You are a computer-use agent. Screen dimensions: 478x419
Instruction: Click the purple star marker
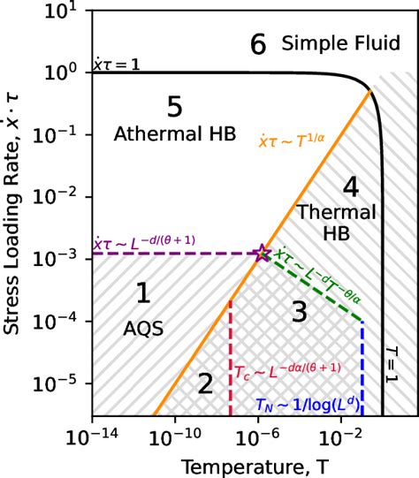[x=263, y=254]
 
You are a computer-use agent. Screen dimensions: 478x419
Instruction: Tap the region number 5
[x=174, y=108]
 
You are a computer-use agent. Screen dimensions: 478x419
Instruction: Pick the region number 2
[x=205, y=383]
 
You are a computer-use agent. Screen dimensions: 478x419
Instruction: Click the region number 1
[x=139, y=292]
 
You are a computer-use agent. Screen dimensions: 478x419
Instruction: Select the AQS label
[x=139, y=328]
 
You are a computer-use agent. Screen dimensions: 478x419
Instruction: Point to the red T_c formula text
[x=288, y=366]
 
